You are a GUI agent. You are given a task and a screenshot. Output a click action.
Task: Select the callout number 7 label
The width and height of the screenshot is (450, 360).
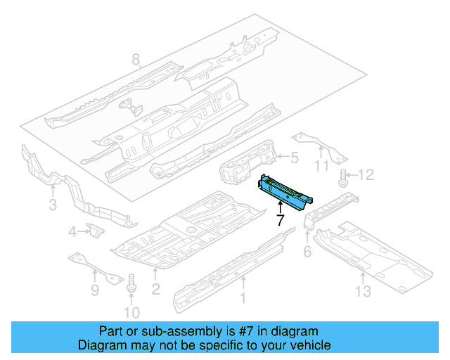[280, 220]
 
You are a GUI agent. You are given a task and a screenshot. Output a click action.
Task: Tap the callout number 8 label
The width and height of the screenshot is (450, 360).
[136, 60]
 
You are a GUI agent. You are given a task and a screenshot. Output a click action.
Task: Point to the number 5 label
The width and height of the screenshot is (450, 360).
[295, 158]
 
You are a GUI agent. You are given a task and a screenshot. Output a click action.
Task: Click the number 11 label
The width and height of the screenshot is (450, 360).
[321, 166]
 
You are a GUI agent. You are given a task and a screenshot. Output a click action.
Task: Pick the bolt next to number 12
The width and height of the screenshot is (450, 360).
[344, 176]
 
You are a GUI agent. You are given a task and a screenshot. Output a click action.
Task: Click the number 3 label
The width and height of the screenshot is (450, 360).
[53, 205]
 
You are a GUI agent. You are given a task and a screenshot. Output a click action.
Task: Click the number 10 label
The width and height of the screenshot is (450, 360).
[131, 311]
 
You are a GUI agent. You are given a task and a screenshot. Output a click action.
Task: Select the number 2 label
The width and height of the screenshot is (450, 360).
[156, 288]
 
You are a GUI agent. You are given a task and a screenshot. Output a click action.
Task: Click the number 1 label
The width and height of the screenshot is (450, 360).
[244, 300]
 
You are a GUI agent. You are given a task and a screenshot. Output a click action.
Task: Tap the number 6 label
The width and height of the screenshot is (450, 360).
[307, 251]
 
